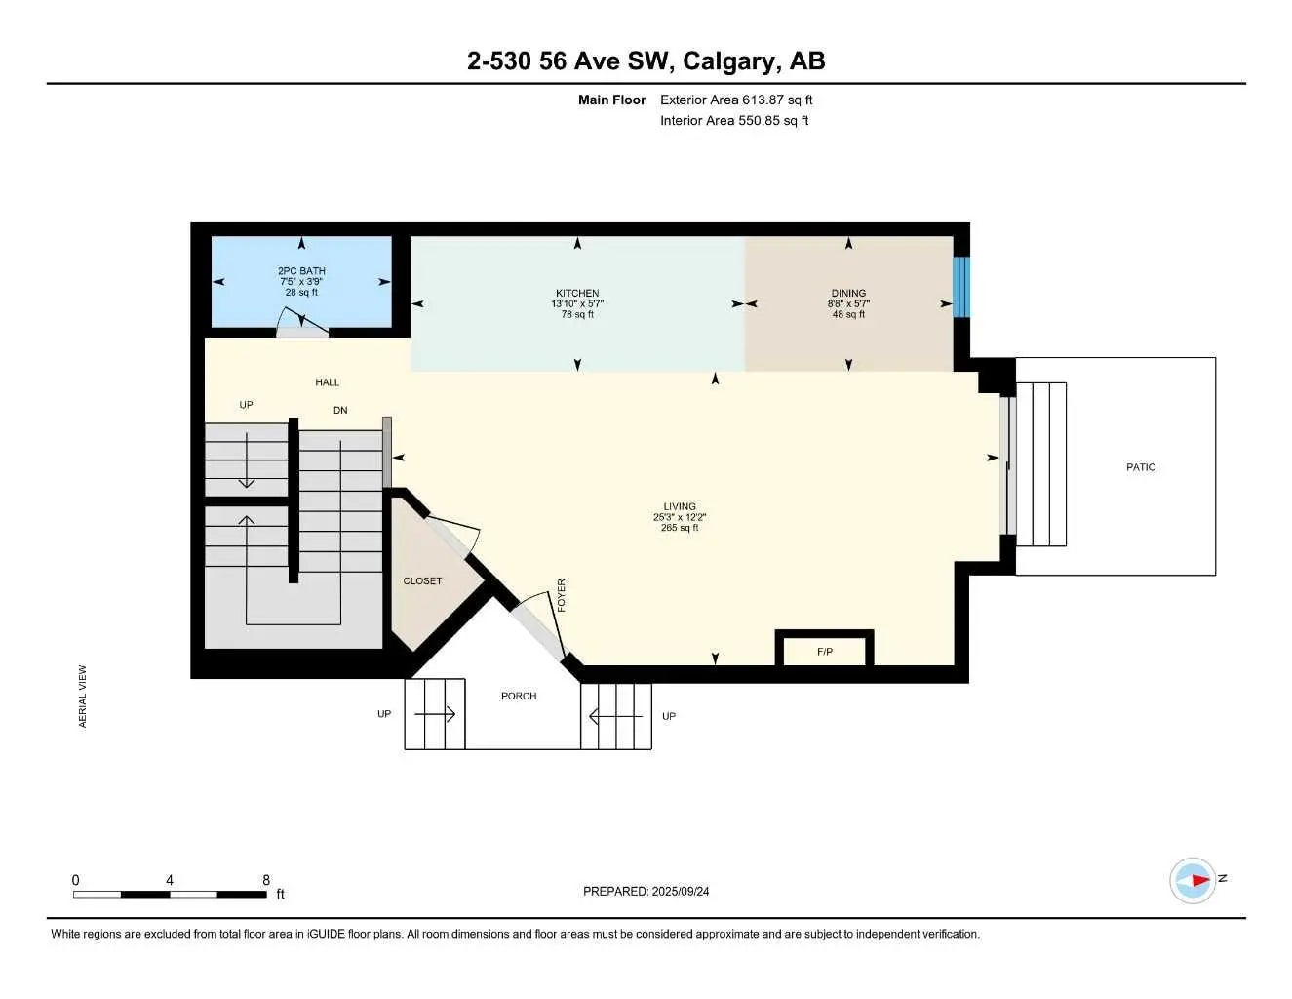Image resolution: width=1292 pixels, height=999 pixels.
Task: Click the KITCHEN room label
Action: tap(577, 293)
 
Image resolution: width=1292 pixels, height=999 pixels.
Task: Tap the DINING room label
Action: tap(848, 293)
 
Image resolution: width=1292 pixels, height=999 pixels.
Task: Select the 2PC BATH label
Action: tap(301, 271)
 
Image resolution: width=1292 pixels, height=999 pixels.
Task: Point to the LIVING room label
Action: tap(680, 506)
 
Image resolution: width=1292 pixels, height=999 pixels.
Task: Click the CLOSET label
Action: tap(422, 580)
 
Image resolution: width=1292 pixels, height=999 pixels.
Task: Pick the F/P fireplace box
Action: tap(824, 651)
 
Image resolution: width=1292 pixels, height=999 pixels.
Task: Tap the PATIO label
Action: tap(1140, 467)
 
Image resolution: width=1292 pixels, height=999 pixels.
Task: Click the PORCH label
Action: tap(519, 696)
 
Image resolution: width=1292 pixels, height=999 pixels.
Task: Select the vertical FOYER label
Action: tap(562, 595)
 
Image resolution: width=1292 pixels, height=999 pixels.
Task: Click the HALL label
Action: tap(327, 382)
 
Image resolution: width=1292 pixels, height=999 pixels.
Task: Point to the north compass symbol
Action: tap(1194, 880)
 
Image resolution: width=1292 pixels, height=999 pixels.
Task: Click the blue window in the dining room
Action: tap(960, 287)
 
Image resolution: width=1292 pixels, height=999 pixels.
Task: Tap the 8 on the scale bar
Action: tap(266, 880)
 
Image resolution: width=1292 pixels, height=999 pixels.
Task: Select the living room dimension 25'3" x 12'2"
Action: tap(680, 517)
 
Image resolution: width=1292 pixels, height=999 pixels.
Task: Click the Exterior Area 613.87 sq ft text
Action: tap(735, 100)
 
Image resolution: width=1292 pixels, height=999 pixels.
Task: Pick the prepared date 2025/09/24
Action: tap(681, 891)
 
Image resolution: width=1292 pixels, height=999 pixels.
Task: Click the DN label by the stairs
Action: tap(340, 411)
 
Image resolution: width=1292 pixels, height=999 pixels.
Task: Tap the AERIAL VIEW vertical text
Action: tap(83, 696)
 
